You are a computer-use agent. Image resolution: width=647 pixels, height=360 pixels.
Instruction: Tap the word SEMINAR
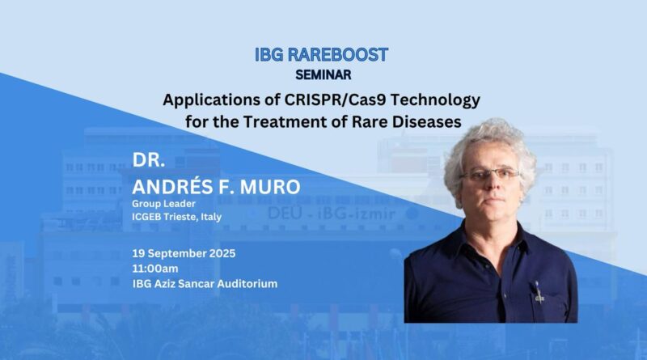[x=323, y=74]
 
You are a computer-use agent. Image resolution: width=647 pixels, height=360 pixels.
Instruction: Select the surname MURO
[x=270, y=187]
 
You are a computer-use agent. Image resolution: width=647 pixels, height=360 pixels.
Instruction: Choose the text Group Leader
[x=164, y=204]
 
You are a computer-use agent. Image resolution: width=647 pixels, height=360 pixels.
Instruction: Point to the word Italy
[x=211, y=217]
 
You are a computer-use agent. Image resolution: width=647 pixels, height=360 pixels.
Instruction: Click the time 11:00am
[x=155, y=269]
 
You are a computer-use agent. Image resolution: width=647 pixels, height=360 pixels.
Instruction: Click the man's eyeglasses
[x=490, y=174]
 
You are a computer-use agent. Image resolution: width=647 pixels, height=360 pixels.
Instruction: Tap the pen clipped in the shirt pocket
[x=538, y=292]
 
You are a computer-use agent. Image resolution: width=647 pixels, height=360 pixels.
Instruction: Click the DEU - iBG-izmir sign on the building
[x=332, y=214]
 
